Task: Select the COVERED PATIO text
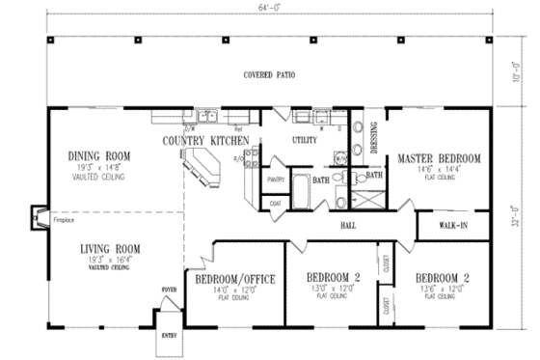pos(269,74)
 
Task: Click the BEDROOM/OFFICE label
pos(235,279)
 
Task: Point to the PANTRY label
pos(275,180)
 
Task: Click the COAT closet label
pos(275,203)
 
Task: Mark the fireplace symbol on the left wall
pos(38,217)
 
